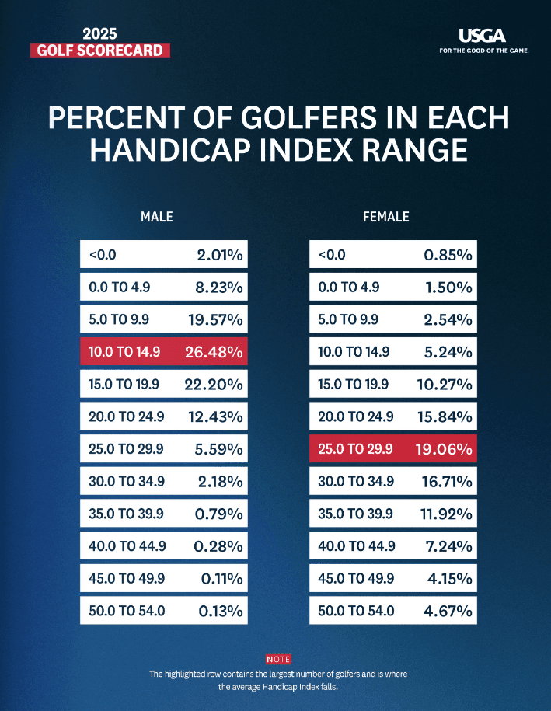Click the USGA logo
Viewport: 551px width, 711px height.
click(x=482, y=35)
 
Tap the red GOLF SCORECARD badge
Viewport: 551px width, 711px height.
click(x=99, y=51)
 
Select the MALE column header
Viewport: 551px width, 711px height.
click(x=156, y=217)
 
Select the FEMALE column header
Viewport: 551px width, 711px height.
click(x=386, y=217)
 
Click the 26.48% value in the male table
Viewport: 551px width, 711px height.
click(x=214, y=352)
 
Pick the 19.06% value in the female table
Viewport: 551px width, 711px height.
click(x=443, y=449)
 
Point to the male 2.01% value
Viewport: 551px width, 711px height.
click(x=220, y=255)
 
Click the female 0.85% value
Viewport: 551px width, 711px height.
click(x=448, y=255)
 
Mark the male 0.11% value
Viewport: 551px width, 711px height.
click(x=222, y=579)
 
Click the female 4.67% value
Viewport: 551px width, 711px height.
click(x=447, y=611)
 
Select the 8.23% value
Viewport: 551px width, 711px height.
click(x=219, y=288)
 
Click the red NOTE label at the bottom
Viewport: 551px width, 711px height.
click(x=278, y=659)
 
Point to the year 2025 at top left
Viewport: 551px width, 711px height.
click(x=99, y=34)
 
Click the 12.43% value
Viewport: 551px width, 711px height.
click(x=215, y=416)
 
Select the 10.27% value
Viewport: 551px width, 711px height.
click(x=444, y=385)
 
